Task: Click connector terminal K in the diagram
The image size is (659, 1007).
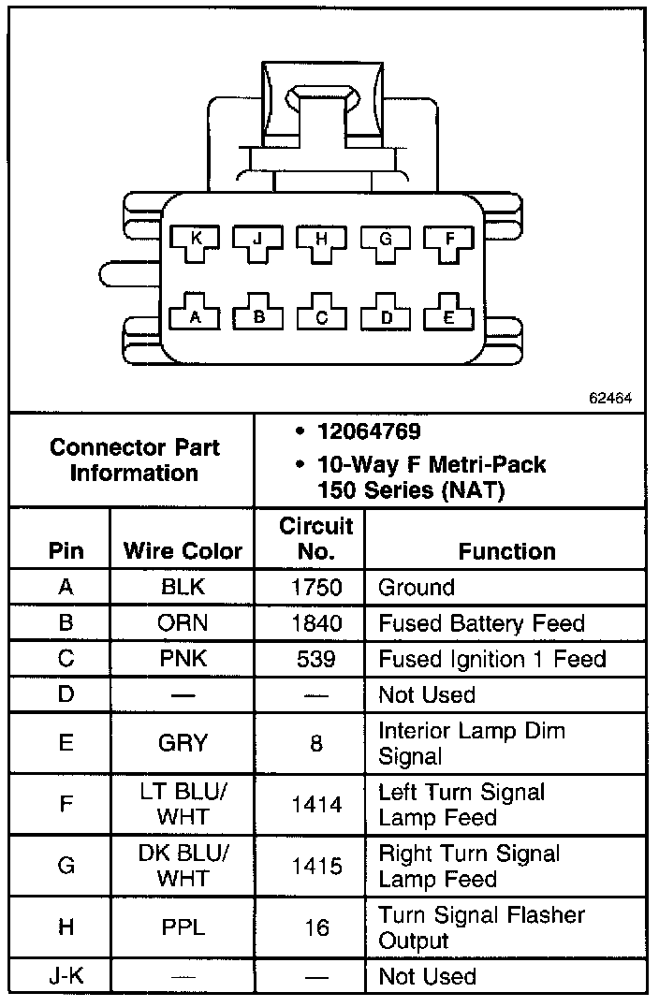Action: click(196, 240)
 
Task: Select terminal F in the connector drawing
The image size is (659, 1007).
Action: click(449, 240)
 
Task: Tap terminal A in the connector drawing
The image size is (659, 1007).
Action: click(196, 316)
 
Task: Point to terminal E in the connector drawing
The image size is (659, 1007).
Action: click(449, 316)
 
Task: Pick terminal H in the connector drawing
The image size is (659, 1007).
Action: click(321, 240)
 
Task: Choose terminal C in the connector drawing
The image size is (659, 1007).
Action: click(321, 316)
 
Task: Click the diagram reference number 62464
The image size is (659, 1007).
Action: click(610, 397)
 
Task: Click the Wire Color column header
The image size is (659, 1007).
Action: click(183, 551)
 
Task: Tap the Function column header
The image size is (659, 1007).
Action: click(506, 551)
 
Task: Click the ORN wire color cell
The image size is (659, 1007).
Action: click(183, 623)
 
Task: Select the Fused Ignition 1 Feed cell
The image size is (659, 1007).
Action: click(492, 659)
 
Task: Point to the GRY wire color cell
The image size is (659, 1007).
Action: click(183, 743)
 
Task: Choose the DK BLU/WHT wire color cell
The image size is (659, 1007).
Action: click(183, 867)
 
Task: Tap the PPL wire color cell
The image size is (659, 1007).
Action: click(183, 927)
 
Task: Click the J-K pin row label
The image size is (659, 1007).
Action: click(66, 976)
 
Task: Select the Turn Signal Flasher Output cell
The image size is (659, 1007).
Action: click(481, 927)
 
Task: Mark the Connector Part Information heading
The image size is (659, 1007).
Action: click(134, 460)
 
